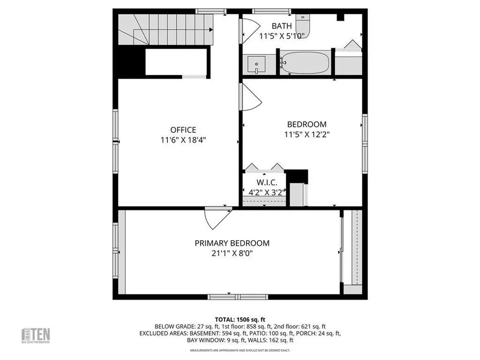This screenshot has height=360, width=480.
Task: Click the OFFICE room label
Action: [x=183, y=130]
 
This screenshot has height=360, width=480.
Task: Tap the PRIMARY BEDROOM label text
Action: [x=232, y=243]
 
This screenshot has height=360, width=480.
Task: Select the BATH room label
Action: [x=282, y=26]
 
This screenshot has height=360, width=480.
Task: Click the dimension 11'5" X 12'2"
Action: [x=307, y=134]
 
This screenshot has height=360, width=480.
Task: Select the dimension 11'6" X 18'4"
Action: [x=183, y=140]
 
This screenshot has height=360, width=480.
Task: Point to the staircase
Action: [x=164, y=29]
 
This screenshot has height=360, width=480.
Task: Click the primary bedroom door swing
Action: [x=217, y=218]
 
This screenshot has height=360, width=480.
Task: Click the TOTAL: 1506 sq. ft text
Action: [x=240, y=319]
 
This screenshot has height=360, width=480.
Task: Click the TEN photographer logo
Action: [x=36, y=335]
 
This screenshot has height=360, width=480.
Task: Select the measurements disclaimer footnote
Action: [x=240, y=350]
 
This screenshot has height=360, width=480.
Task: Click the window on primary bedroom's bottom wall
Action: [x=238, y=297]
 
